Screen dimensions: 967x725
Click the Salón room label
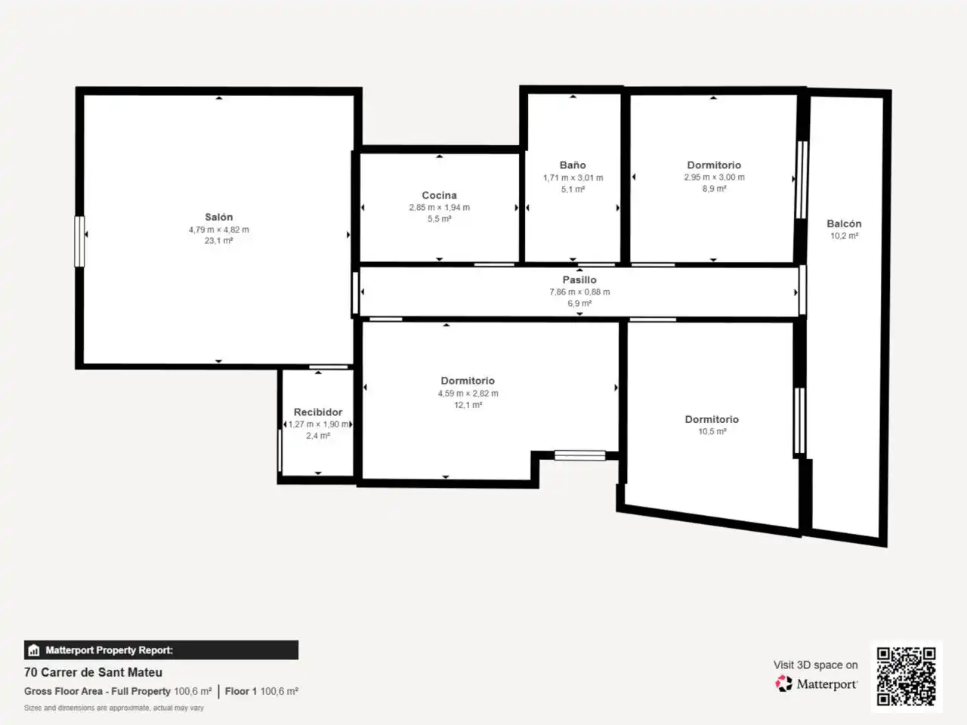click(218, 217)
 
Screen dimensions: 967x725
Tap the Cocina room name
click(439, 195)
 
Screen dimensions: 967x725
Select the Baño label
click(573, 165)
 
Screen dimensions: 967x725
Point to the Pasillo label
click(579, 279)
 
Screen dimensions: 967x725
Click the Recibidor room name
click(318, 412)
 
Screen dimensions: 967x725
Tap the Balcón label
click(844, 224)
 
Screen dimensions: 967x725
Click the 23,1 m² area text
click(218, 241)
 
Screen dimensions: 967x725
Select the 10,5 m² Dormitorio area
click(712, 431)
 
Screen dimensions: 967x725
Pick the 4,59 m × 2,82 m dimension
click(468, 393)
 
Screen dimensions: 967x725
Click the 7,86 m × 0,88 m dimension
click(579, 292)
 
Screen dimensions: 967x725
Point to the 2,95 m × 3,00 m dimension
click(714, 177)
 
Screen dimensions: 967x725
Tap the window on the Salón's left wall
click(79, 241)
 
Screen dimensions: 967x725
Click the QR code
click(907, 676)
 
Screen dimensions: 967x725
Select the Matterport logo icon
click(783, 683)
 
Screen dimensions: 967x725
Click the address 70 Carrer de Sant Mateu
click(94, 672)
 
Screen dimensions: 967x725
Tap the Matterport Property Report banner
click(161, 649)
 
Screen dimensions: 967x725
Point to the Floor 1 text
click(240, 691)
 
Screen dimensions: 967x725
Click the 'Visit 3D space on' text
click(815, 665)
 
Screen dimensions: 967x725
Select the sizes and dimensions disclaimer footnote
click(113, 708)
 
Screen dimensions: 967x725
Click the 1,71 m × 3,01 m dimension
click(573, 177)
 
